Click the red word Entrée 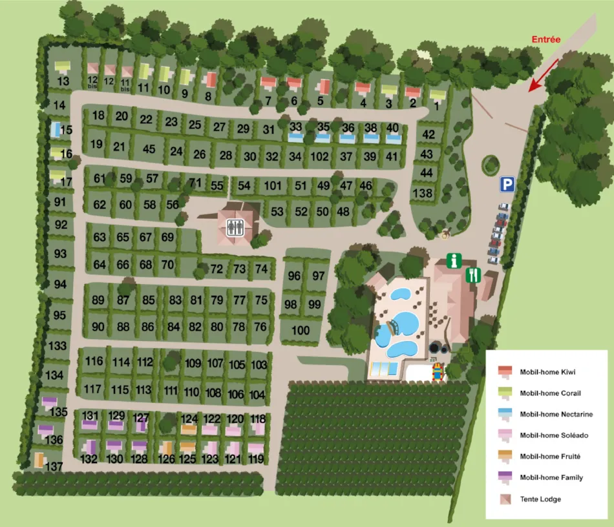click(x=546, y=39)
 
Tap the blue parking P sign click(x=507, y=185)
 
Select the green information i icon click(x=454, y=261)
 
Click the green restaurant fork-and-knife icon click(x=473, y=275)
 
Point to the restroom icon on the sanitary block click(x=235, y=227)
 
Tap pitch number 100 click(x=301, y=331)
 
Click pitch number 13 click(x=63, y=81)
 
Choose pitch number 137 click(x=55, y=466)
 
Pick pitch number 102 click(x=319, y=156)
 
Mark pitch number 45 click(x=149, y=149)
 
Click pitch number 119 click(x=256, y=460)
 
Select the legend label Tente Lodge click(x=540, y=499)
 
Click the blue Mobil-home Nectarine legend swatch click(x=505, y=414)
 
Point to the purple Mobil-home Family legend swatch click(x=505, y=477)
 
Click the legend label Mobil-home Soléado click(x=554, y=435)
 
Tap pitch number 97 click(x=318, y=276)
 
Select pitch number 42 click(x=428, y=134)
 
